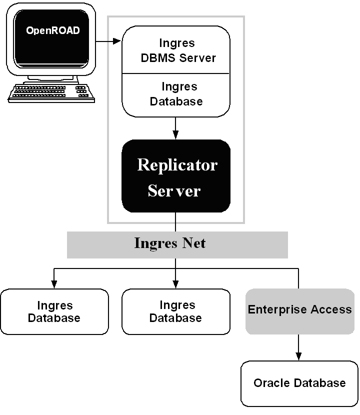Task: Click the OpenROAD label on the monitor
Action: pyautogui.click(x=53, y=30)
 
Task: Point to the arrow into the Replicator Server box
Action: pyautogui.click(x=175, y=128)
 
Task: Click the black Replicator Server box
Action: pyautogui.click(x=176, y=176)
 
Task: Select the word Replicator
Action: pyautogui.click(x=177, y=164)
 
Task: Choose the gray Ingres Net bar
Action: pyautogui.click(x=177, y=244)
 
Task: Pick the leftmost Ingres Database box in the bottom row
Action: pyautogui.click(x=54, y=311)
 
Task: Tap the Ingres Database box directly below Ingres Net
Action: pyautogui.click(x=176, y=311)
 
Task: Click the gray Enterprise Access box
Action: pyautogui.click(x=299, y=311)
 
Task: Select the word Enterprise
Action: pyautogui.click(x=277, y=309)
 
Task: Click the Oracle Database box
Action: pyautogui.click(x=299, y=383)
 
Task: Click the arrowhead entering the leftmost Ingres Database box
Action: pyautogui.click(x=54, y=285)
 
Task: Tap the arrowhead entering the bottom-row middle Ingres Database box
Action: pyautogui.click(x=175, y=285)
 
